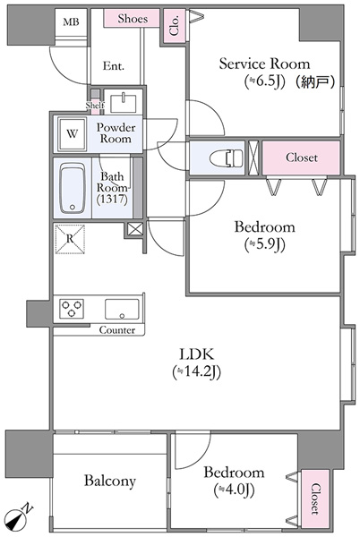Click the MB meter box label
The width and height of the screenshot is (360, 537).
72,22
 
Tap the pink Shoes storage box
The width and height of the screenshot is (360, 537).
132,18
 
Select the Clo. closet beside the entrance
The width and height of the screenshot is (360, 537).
175,26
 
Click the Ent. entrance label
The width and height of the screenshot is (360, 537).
114,65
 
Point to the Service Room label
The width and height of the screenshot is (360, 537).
264,64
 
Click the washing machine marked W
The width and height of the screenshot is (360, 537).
72,134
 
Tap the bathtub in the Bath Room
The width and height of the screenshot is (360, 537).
73,188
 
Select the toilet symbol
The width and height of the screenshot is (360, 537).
226,158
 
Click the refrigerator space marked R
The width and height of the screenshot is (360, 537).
70,239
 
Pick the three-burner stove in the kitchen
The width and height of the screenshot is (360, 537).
72,308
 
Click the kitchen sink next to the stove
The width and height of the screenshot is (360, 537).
122,310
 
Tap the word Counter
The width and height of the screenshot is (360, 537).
116,330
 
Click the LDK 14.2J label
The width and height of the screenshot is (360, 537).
197,363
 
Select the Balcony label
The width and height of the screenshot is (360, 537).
110,481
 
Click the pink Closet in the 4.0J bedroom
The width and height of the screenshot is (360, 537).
315,499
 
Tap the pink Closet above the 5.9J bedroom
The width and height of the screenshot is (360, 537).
301,158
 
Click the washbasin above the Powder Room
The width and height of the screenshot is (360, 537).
123,103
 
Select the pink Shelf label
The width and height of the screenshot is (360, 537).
95,105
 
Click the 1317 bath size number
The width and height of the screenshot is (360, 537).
112,200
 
